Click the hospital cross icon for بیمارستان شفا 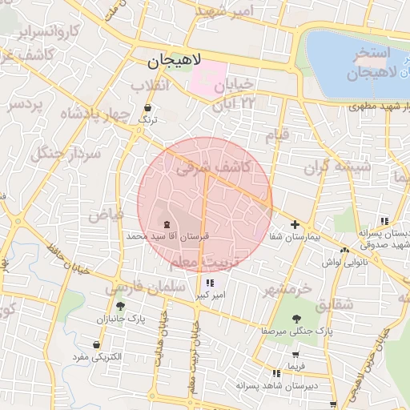click(x=295, y=225)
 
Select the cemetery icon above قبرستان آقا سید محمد click(x=167, y=224)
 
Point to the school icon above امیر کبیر click(x=210, y=283)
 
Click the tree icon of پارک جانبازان click(x=120, y=305)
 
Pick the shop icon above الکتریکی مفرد click(x=96, y=345)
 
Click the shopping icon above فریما click(x=297, y=354)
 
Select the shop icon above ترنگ click(x=147, y=107)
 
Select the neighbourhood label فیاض click(x=105, y=214)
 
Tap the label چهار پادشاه click(x=94, y=113)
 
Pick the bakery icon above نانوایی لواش click(x=344, y=250)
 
